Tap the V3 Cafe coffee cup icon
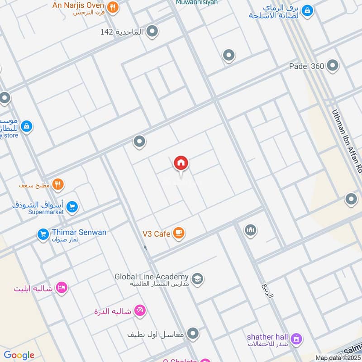tap(179, 233)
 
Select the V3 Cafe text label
tap(156, 234)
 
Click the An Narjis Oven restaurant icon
tap(113, 7)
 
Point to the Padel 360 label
tap(306, 66)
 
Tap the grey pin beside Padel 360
tap(333, 66)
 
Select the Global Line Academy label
tap(151, 276)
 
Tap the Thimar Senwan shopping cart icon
tap(43, 234)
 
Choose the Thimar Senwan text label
tap(79, 233)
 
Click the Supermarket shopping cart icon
tap(72, 207)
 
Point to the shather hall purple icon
tap(296, 338)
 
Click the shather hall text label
tap(267, 337)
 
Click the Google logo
tap(19, 355)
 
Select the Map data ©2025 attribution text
tap(338, 358)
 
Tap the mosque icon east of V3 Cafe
tap(251, 231)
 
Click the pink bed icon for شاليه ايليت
tap(62, 288)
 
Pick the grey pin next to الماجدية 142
tap(152, 31)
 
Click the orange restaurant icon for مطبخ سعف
tap(58, 184)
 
